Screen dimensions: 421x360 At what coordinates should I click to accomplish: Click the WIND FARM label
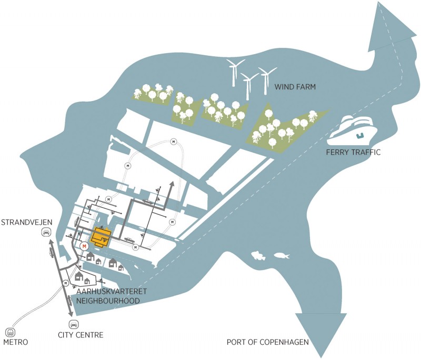pos(295,87)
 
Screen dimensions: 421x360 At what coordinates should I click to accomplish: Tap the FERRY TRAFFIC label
pos(353,152)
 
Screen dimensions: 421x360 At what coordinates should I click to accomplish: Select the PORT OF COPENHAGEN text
pos(268,342)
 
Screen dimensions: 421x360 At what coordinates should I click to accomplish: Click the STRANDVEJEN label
pos(27,222)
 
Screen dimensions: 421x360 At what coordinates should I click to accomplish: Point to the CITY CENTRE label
pos(81,335)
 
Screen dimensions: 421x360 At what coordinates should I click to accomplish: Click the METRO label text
pos(16,342)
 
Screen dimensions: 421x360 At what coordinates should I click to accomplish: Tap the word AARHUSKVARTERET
pos(112,292)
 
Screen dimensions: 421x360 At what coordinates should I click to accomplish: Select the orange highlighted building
pos(101,237)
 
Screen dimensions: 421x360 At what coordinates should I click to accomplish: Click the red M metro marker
pos(85,246)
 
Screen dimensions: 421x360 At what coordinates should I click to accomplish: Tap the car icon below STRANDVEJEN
pos(46,232)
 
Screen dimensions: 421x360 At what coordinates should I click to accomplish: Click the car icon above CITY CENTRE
pos(74,325)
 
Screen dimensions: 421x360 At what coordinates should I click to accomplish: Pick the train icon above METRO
pos(10,332)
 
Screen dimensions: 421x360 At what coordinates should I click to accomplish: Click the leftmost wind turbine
pos(235,73)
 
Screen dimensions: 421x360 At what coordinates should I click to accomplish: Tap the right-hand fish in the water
pos(282,255)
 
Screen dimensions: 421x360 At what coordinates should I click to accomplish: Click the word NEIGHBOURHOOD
pos(108,301)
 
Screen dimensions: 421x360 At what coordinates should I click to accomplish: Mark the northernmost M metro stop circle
pos(174,142)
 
